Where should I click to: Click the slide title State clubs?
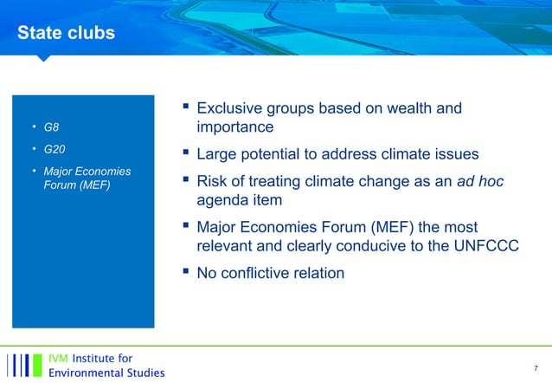(x=66, y=33)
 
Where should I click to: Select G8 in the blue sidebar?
(x=51, y=129)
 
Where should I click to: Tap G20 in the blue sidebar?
(x=55, y=150)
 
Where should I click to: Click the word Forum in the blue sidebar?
(x=59, y=184)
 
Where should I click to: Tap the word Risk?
(x=214, y=181)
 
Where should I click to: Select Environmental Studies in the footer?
(x=106, y=373)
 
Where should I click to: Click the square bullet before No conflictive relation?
(x=185, y=271)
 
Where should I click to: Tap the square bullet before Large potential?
(x=185, y=153)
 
